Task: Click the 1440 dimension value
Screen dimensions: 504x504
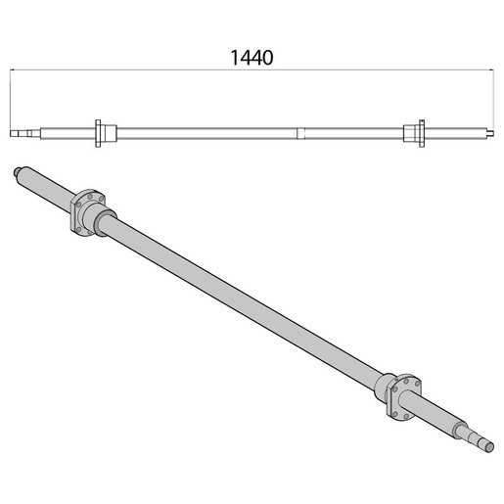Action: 251,57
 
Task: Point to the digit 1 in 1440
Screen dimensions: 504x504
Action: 235,57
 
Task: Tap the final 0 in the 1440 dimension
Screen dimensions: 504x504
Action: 267,57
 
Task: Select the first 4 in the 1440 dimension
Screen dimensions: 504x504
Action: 245,57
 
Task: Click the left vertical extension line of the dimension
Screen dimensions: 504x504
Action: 11,98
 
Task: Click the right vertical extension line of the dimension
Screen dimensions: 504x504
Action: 491,98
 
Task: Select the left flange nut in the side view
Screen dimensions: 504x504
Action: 102,132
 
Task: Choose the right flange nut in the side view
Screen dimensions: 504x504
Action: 417,132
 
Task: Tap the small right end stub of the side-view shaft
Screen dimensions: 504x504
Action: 486,132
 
